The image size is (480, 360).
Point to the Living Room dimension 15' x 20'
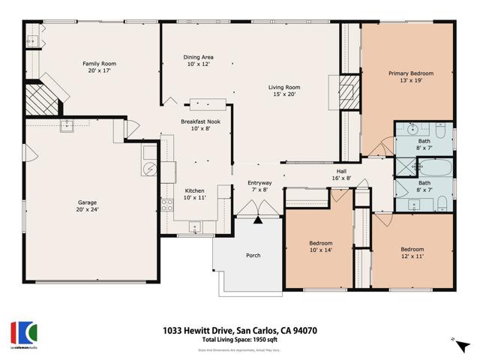[283, 95]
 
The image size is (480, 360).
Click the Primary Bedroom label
[410, 73]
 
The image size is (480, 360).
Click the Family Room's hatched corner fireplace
[39, 99]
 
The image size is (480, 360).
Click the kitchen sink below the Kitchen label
[195, 224]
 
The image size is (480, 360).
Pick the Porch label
[253, 256]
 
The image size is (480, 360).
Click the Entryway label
[260, 183]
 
